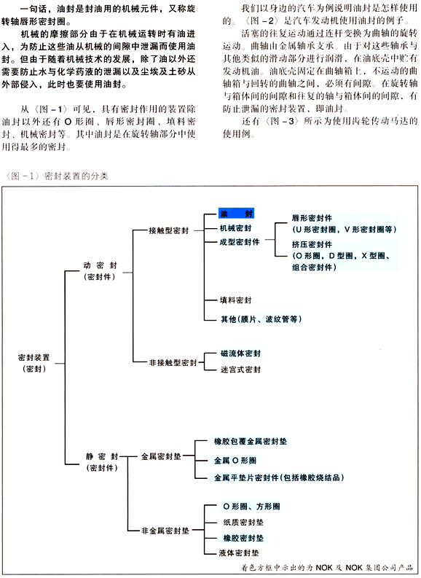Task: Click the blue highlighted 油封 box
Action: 236,214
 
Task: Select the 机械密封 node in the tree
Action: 236,228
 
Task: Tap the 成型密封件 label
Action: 240,242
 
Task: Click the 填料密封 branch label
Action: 236,300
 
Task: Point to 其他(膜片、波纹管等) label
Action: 261,319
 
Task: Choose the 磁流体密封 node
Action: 240,354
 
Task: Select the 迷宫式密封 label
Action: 240,370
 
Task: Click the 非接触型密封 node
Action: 173,363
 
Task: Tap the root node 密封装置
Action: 34,358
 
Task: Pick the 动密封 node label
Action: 101,265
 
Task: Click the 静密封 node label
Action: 102,457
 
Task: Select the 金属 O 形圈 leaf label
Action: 235,461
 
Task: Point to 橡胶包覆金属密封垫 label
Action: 251,441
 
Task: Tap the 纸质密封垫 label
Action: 243,523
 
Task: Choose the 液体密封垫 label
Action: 239,553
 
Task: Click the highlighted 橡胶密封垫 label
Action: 243,538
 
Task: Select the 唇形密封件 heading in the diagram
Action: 312,218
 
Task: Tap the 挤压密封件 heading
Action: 312,244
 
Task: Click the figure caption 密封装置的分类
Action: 76,176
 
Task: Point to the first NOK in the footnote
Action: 324,568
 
